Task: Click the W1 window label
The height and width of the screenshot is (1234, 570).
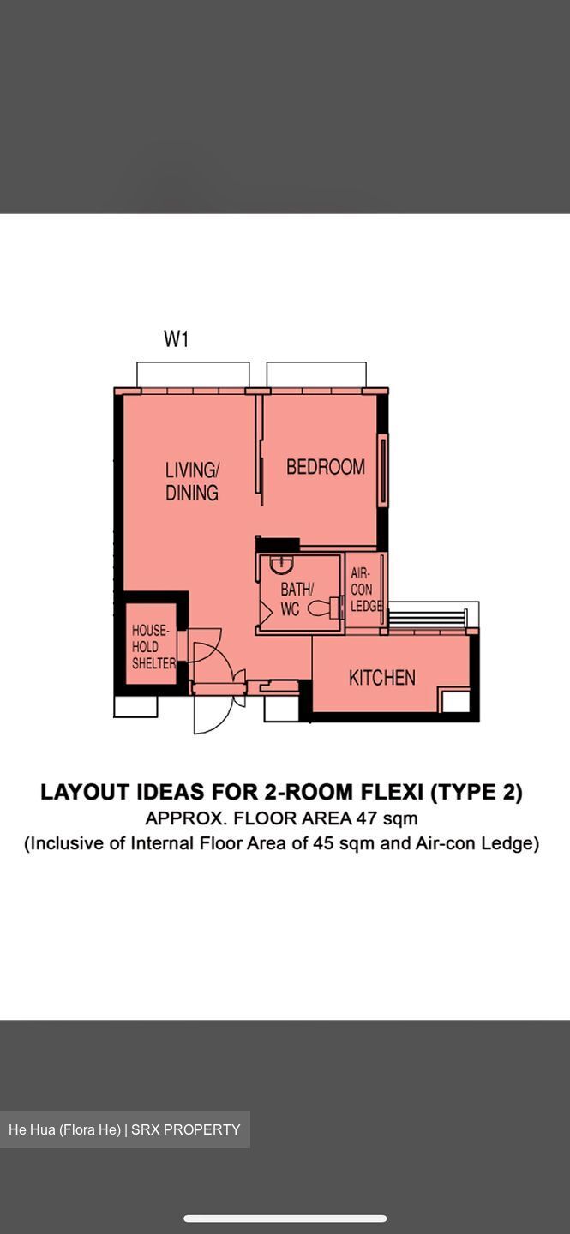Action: pos(176,339)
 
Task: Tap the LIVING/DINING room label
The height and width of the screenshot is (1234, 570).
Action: pos(192,481)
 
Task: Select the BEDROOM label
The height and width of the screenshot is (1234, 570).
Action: pos(326,467)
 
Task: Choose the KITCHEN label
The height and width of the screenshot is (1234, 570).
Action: pos(381,678)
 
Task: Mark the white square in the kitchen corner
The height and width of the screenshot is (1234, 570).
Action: pos(455,701)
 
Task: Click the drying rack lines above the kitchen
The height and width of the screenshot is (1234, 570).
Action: pos(429,616)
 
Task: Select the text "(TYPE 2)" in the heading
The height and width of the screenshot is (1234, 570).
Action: pos(476,792)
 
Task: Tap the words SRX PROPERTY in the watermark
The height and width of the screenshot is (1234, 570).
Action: pos(186,1129)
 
